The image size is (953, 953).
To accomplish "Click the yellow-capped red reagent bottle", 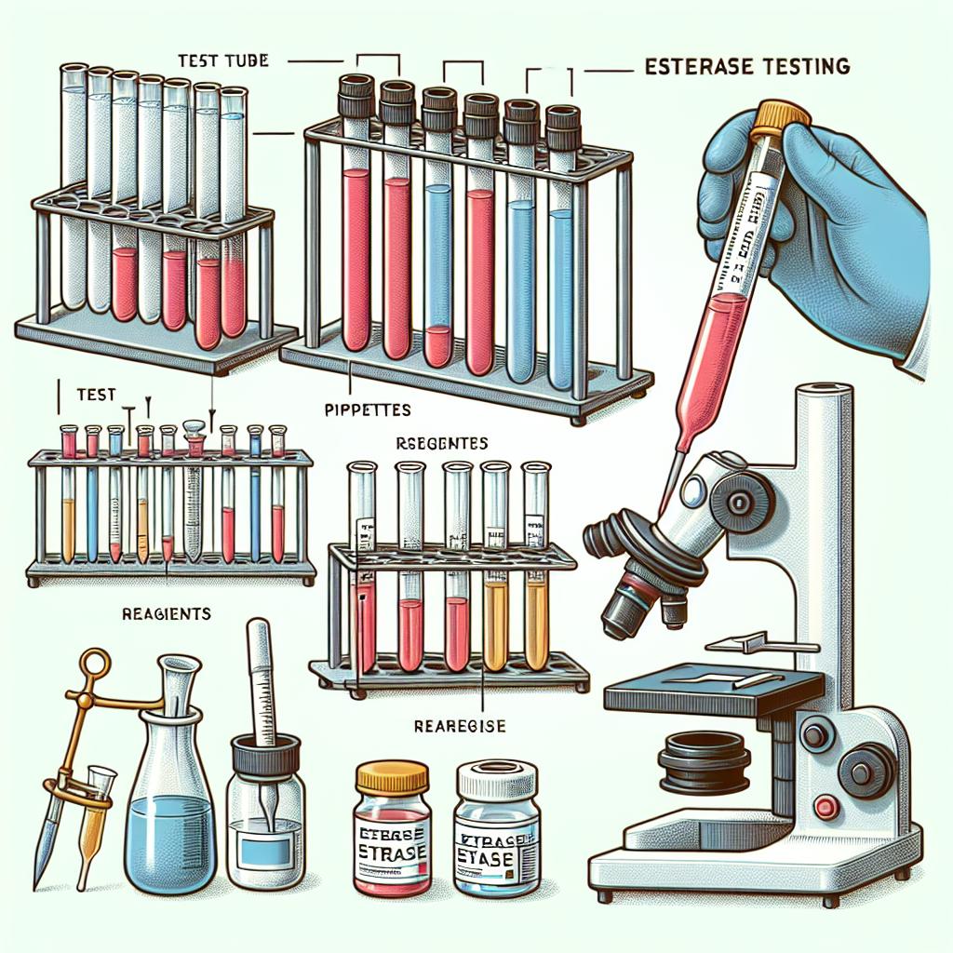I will [392, 826].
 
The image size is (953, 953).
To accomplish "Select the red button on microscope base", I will [823, 804].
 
